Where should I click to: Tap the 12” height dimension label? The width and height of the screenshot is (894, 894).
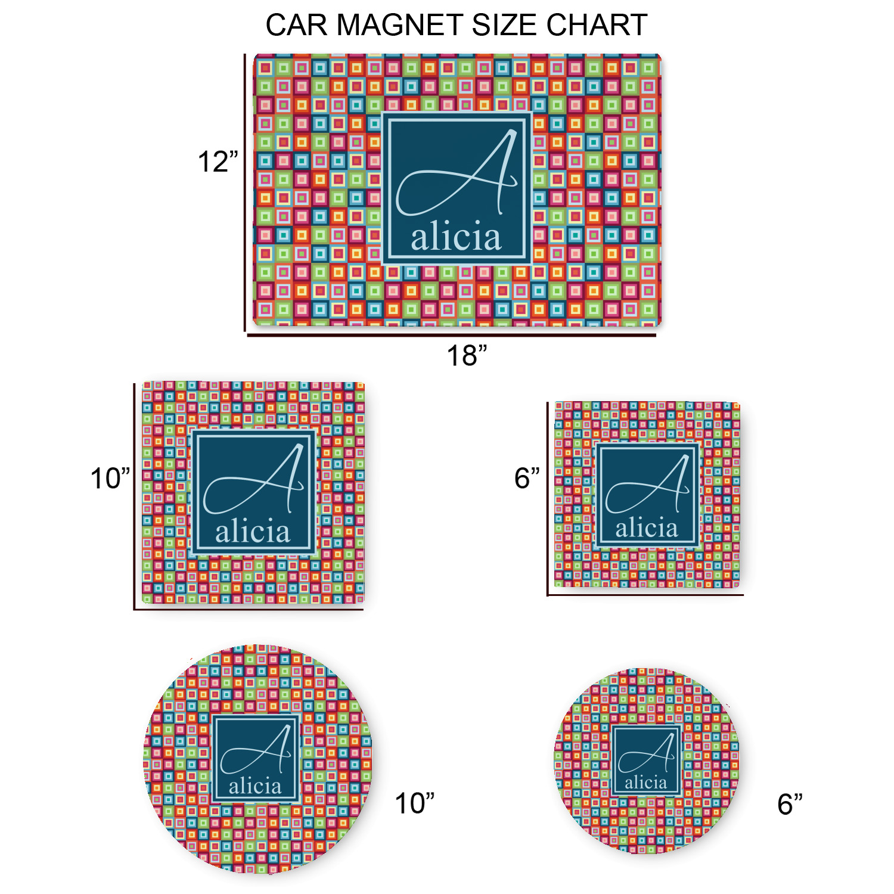tap(218, 162)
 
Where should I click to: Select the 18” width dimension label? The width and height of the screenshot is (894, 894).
tap(467, 355)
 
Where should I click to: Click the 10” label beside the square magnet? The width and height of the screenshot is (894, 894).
tap(110, 478)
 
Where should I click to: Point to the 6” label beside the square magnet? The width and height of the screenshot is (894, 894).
tap(527, 478)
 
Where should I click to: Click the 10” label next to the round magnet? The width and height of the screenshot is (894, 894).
tap(415, 803)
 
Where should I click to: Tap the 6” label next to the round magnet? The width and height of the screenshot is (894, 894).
tap(790, 804)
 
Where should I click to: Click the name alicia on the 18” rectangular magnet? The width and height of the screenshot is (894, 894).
tap(456, 237)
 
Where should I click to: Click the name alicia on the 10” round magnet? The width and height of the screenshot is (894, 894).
tap(255, 786)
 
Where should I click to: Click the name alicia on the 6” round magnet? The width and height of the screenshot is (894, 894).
tap(646, 782)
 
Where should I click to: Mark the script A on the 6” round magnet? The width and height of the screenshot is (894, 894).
tap(647, 752)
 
